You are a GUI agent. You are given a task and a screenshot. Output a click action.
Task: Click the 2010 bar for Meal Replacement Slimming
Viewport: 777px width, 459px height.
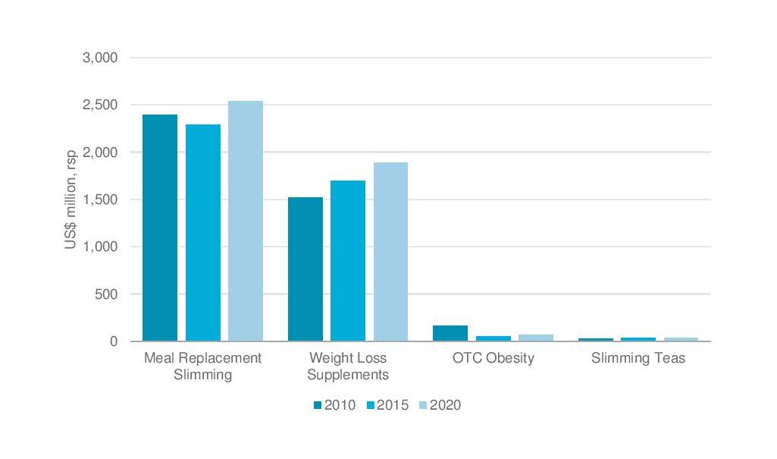click(160, 228)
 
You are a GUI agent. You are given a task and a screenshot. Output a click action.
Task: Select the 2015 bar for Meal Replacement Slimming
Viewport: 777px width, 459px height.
click(202, 233)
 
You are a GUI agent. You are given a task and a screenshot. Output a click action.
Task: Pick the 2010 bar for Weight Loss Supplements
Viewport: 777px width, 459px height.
click(305, 269)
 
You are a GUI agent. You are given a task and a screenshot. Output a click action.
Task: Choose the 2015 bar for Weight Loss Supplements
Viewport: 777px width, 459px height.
click(348, 261)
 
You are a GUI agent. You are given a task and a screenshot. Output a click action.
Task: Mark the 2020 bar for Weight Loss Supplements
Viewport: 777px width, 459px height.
click(390, 252)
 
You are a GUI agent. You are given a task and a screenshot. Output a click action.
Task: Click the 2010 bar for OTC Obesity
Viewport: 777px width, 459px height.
click(450, 333)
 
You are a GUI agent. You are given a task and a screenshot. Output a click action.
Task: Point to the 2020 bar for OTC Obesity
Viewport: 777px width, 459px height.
click(536, 338)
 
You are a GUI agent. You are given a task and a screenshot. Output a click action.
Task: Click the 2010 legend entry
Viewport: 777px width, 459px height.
click(334, 405)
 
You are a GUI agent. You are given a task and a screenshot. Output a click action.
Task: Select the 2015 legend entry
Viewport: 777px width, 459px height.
click(387, 405)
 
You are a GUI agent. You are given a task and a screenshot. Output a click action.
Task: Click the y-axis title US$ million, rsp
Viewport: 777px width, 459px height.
click(70, 200)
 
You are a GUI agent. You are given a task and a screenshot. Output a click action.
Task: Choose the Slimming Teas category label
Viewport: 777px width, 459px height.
click(638, 358)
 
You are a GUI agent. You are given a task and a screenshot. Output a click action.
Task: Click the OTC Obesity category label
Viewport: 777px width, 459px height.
click(493, 358)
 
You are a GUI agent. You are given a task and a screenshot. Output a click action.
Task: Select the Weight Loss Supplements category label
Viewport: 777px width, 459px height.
click(348, 366)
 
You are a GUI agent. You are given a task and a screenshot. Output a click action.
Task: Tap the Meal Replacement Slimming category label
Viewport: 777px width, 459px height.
click(202, 366)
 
